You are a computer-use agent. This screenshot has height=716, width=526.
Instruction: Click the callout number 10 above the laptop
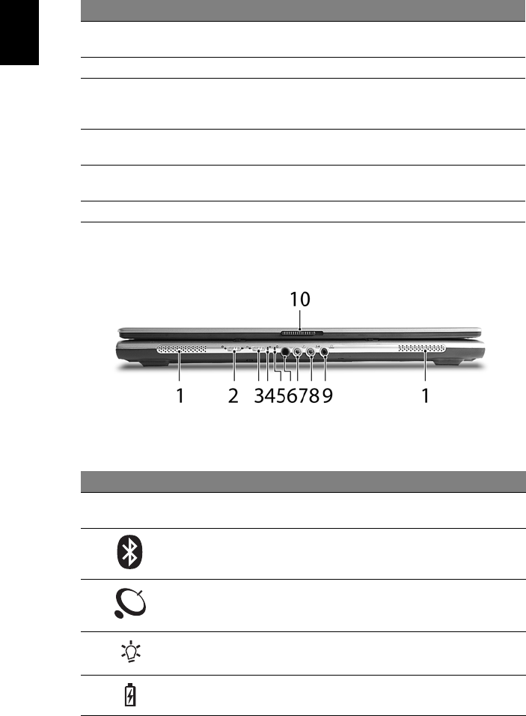pos(300,300)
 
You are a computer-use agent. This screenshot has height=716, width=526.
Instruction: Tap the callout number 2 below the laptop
pos(233,396)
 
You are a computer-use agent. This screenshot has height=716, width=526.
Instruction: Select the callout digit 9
pos(328,396)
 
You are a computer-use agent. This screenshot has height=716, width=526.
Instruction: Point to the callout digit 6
pos(293,396)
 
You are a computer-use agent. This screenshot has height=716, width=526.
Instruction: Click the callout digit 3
pos(259,396)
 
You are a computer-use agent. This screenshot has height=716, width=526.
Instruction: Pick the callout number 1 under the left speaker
pos(180,396)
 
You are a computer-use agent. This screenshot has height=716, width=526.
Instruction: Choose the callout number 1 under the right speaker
pos(425,396)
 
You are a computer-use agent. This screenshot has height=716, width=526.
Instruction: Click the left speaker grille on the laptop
pos(182,349)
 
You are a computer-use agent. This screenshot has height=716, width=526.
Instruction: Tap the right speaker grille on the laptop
pos(421,349)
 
